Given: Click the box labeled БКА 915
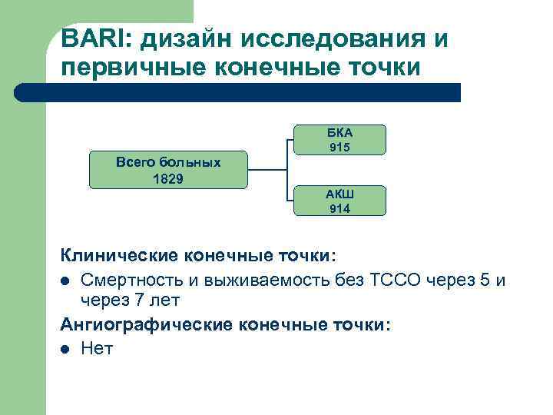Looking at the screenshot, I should [x=339, y=139].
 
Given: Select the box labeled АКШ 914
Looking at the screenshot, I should [x=339, y=200].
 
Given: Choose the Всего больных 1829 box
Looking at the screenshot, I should [x=168, y=170].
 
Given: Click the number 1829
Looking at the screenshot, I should [x=168, y=178].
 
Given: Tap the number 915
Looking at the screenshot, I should [x=339, y=147].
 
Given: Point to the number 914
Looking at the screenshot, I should [x=339, y=207].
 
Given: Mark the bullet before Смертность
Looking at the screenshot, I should [x=67, y=278].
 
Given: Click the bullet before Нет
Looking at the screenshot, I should [x=67, y=349].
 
